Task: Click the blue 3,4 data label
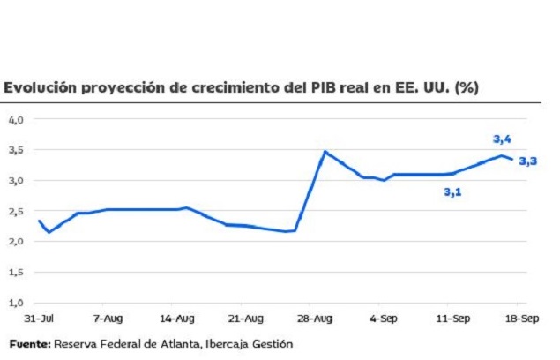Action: click(502, 139)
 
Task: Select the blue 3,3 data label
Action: click(527, 161)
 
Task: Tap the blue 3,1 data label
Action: click(452, 191)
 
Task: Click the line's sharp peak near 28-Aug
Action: click(325, 152)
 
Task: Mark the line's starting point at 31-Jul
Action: click(39, 221)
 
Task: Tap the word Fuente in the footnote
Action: click(29, 342)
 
